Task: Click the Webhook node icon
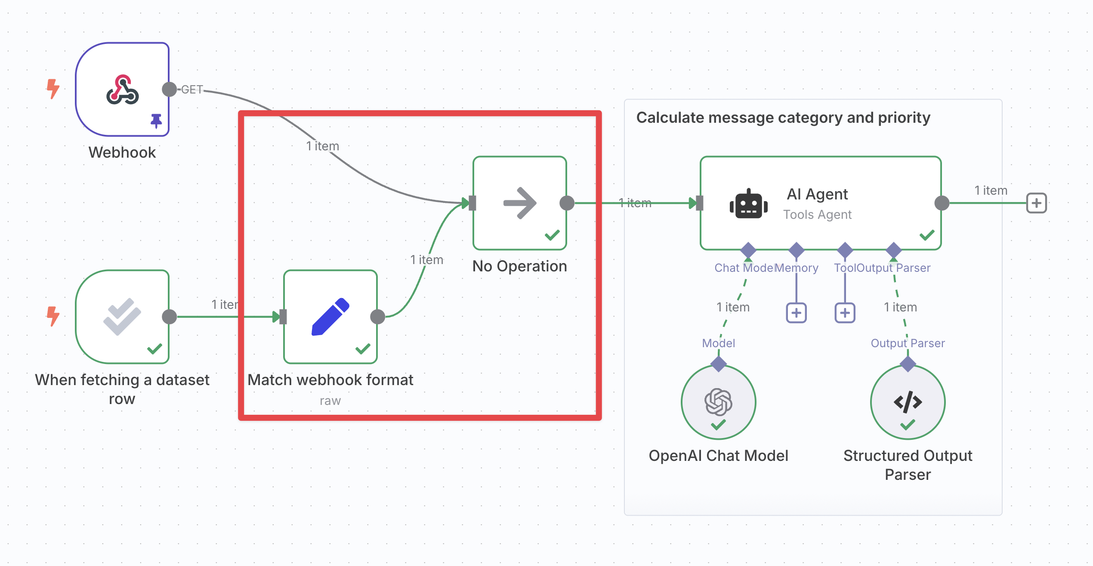click(123, 90)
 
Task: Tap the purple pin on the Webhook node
click(156, 121)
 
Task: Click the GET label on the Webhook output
click(192, 90)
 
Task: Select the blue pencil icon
click(330, 317)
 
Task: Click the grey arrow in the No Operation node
click(520, 203)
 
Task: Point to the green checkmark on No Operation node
click(552, 235)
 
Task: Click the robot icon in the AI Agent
click(748, 204)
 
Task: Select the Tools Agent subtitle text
click(817, 215)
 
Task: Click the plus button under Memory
click(796, 313)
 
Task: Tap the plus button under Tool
click(845, 313)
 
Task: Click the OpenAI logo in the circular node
click(718, 401)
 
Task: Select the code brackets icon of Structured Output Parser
click(908, 402)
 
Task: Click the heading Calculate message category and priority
click(783, 118)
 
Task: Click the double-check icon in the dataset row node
click(122, 317)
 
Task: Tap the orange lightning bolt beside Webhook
click(53, 89)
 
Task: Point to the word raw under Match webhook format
click(330, 401)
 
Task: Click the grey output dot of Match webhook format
click(377, 317)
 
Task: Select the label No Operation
click(519, 266)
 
